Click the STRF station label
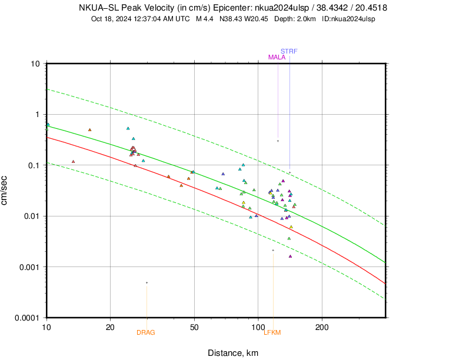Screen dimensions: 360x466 click(289, 51)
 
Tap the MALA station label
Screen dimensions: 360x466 click(277, 57)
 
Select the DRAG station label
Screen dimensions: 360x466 click(146, 332)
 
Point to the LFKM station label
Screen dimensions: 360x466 click(272, 332)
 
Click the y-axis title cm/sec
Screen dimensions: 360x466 click(5, 190)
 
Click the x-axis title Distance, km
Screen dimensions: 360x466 click(232, 353)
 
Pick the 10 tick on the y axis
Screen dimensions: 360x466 click(35, 64)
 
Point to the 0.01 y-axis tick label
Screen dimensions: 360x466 click(31, 216)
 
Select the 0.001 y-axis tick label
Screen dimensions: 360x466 click(29, 266)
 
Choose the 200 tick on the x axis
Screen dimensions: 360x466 click(321, 326)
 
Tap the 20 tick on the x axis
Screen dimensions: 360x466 click(111, 326)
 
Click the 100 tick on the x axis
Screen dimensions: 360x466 click(258, 326)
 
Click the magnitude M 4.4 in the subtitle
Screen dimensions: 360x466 click(204, 19)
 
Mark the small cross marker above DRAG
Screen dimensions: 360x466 click(147, 283)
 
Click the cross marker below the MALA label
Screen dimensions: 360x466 click(278, 141)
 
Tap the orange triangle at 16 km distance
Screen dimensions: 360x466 click(89, 130)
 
